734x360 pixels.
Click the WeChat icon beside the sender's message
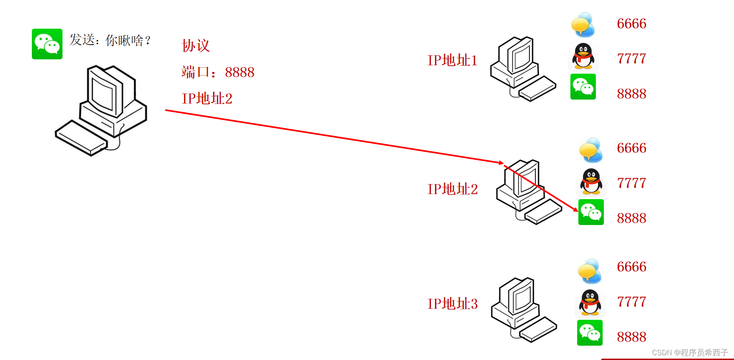point(47,44)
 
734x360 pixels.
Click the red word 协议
point(195,45)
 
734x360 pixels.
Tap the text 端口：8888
point(218,72)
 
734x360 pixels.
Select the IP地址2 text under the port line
point(207,98)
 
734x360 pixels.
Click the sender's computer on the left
point(102,110)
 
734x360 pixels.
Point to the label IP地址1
point(452,60)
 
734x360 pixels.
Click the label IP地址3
point(452,303)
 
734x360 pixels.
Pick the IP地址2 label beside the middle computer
point(452,189)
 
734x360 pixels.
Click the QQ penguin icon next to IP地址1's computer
point(583,56)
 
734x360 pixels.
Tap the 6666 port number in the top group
point(631,23)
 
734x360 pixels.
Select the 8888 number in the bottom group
point(631,337)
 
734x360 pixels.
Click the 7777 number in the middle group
point(631,183)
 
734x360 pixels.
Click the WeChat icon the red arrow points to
point(591,212)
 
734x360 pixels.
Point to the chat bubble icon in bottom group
point(590,271)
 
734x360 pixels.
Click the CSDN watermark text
point(689,352)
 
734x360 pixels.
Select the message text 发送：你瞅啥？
point(110,40)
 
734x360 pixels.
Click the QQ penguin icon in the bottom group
point(590,302)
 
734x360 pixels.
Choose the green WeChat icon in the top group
point(583,86)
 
